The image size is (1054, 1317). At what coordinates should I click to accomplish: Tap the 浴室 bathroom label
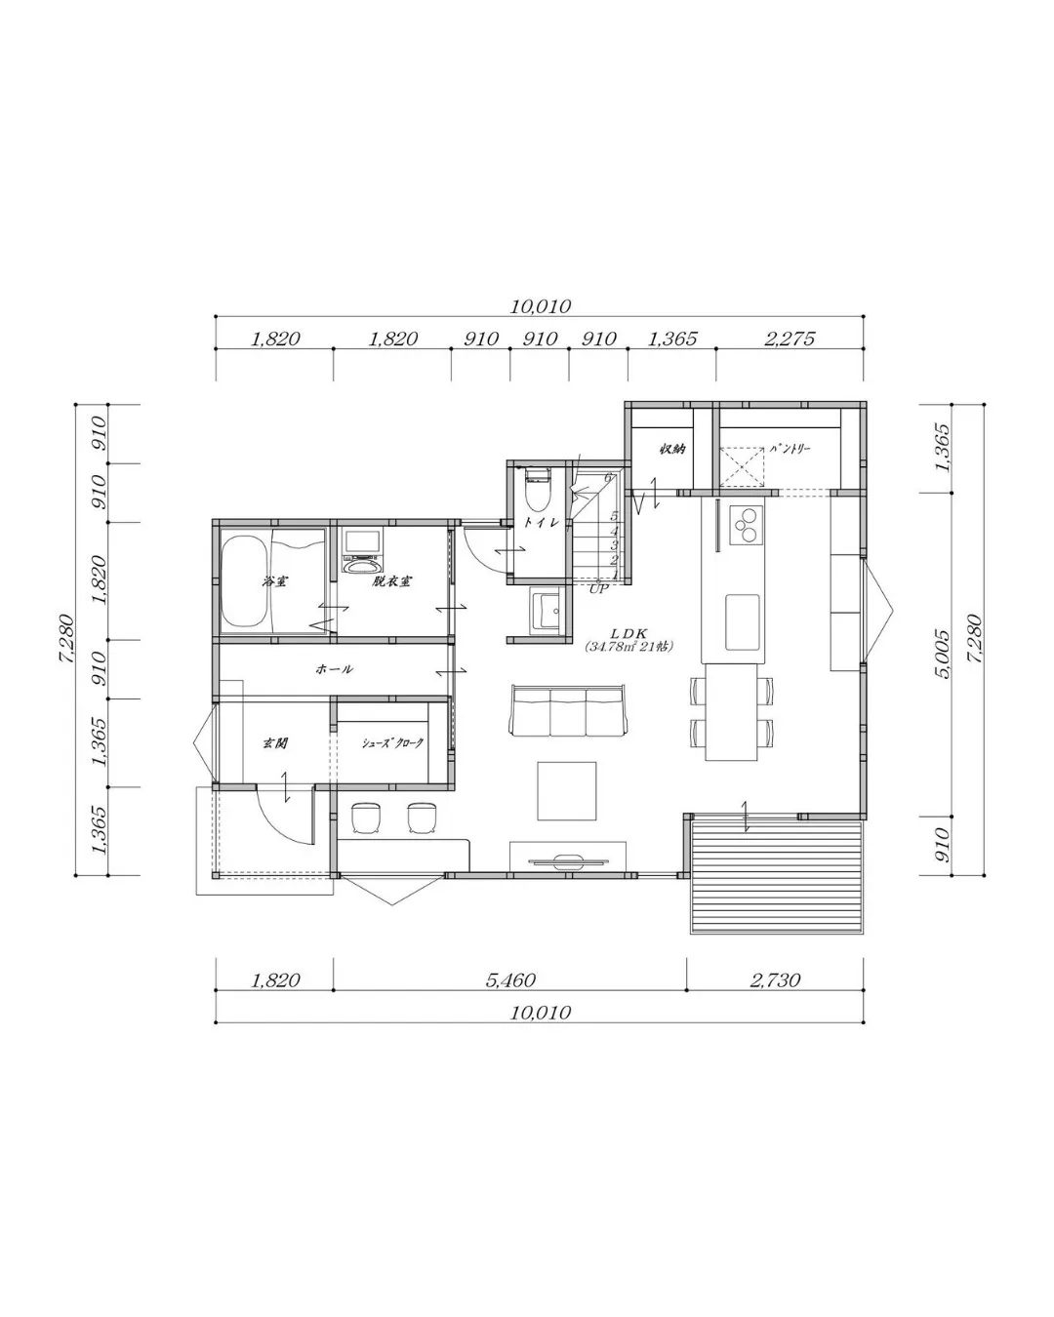click(274, 581)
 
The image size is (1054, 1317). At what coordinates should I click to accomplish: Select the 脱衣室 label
click(390, 581)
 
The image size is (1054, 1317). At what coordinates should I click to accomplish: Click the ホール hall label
click(334, 669)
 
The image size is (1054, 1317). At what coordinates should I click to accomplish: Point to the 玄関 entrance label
click(274, 743)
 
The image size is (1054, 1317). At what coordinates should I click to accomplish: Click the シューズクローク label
click(392, 743)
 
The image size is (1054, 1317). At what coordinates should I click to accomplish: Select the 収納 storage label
click(671, 450)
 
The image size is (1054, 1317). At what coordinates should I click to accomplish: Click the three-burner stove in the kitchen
click(748, 523)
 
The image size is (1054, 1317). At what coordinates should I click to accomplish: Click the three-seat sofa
click(567, 711)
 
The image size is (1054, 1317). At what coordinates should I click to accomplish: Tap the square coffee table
click(567, 791)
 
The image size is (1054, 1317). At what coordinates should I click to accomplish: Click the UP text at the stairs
click(598, 588)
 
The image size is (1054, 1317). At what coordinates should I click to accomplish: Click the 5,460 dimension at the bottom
click(510, 979)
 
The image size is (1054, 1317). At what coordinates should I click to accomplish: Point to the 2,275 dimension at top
click(790, 339)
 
